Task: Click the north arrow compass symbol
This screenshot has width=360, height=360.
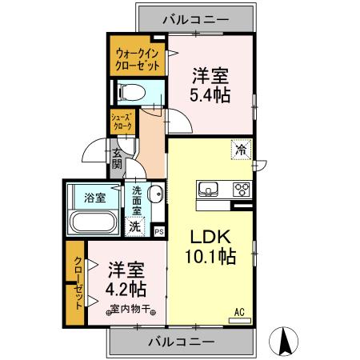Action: pos(283,341)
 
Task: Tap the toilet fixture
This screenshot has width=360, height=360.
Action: pos(132,93)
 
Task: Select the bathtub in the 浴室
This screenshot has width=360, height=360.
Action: pos(94,222)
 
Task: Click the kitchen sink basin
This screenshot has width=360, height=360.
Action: pos(208,189)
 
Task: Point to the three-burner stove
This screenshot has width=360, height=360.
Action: pos(242,189)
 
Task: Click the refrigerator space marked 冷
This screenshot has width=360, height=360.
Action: pos(241,150)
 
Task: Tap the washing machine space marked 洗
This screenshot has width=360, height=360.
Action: pos(135,226)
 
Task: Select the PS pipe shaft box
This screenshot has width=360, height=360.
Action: pos(159,232)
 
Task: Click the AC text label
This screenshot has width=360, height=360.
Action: pos(239,312)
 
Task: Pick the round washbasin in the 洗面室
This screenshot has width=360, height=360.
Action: pos(156,194)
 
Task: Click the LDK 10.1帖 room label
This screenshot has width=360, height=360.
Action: pos(210,247)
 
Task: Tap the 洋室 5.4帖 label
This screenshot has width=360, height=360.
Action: pos(210,86)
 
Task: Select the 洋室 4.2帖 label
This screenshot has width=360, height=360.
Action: pos(126,279)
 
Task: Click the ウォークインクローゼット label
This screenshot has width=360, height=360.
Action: pos(138,59)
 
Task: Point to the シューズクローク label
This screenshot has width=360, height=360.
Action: pos(122,122)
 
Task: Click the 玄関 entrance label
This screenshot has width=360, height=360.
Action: pos(117,159)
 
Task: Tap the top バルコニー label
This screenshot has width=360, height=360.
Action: pos(196,19)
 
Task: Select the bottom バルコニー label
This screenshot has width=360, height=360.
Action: pos(182,342)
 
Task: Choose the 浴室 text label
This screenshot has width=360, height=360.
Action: pos(95,198)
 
